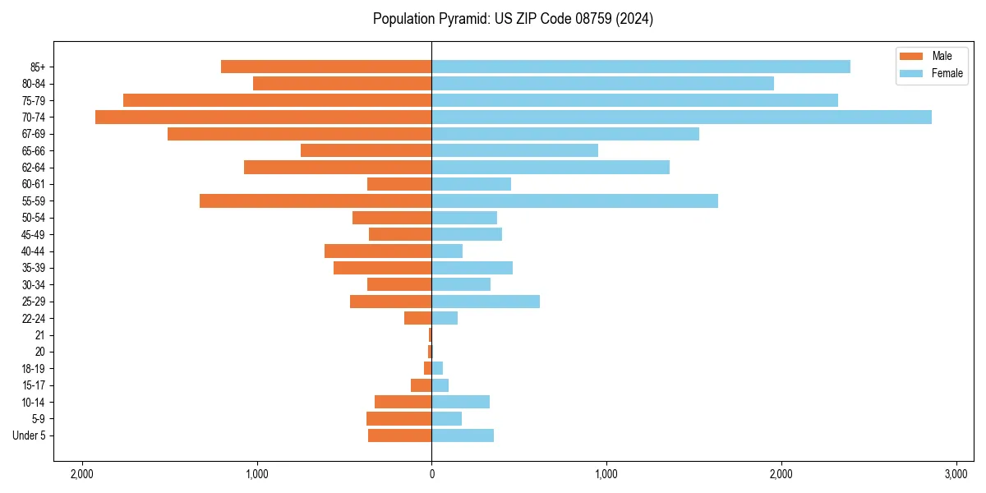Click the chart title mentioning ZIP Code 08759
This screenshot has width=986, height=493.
(x=513, y=19)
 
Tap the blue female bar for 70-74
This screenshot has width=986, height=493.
(x=681, y=117)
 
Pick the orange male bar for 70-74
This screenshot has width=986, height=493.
(x=263, y=117)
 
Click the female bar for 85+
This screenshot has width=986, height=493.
(x=641, y=67)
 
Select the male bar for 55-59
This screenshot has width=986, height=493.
(x=316, y=200)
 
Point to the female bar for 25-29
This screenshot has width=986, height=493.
(x=486, y=302)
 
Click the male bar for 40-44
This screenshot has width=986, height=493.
(x=378, y=251)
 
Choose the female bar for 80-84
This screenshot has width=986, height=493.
(x=602, y=83)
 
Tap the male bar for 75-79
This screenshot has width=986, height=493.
(x=277, y=100)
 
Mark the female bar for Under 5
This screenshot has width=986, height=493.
(x=463, y=435)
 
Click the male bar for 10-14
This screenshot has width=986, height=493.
(x=403, y=402)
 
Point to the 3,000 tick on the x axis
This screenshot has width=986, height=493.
(x=956, y=474)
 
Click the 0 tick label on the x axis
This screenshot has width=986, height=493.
(x=431, y=474)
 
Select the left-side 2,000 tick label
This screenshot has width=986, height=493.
(x=81, y=474)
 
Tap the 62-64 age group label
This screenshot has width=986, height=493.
(x=34, y=168)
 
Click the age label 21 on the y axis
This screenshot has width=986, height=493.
(x=39, y=335)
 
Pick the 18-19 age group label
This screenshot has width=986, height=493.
(x=34, y=368)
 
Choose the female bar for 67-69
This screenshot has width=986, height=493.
(x=565, y=134)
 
